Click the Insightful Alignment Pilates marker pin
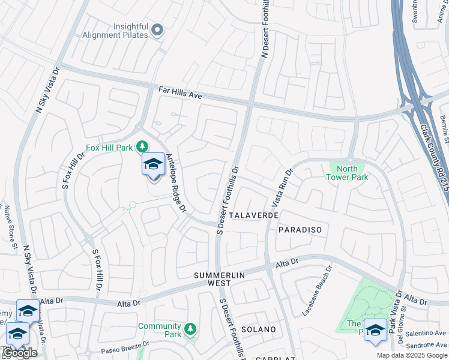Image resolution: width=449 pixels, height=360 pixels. point(157,29)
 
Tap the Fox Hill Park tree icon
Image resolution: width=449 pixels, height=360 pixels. point(142,146)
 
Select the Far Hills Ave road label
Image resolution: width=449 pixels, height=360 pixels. point(179,93)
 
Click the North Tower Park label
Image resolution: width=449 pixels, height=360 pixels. point(347,173)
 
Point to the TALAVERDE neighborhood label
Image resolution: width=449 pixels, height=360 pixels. point(253,215)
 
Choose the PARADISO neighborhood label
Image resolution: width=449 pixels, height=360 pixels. point(300,230)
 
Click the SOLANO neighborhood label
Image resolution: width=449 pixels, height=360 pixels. point(258,329)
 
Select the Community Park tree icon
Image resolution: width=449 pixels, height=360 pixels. point(190,329)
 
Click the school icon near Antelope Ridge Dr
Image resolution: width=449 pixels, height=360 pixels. point(153,164)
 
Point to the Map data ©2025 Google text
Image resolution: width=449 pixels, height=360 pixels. point(412,355)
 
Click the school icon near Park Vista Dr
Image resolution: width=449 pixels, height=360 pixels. point(376,330)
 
